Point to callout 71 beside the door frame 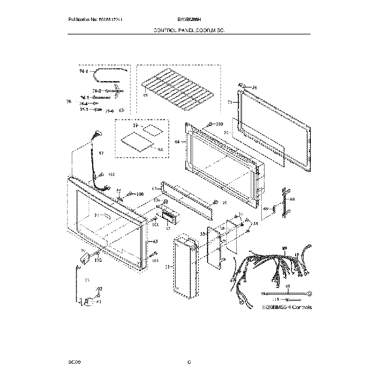point(230,102)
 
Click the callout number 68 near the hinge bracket point(293,199)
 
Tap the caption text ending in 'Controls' point(287,307)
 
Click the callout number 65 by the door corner point(156,241)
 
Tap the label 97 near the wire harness point(101,153)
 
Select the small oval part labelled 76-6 point(122,109)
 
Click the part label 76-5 point(83,109)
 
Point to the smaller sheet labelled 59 point(152,128)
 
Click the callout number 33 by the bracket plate point(202,233)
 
